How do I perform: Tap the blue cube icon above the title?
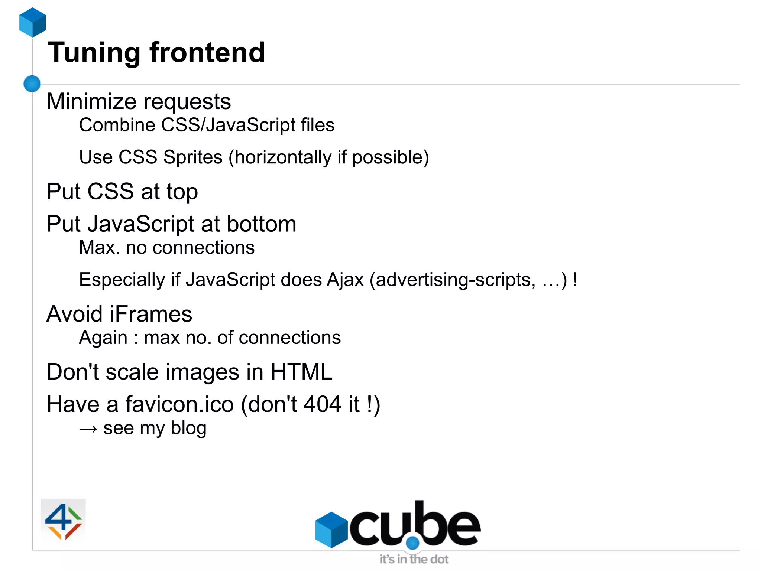pyautogui.click(x=33, y=22)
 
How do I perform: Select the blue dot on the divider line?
pyautogui.click(x=32, y=84)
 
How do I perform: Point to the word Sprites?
pyautogui.click(x=192, y=157)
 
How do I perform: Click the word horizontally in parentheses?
pyautogui.click(x=282, y=157)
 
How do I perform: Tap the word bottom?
pyautogui.click(x=261, y=224)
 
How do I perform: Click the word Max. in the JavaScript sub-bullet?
pyautogui.click(x=99, y=247)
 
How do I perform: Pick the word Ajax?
pyautogui.click(x=345, y=280)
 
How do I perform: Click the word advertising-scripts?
pyautogui.click(x=456, y=280)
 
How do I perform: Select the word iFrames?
pyautogui.click(x=150, y=314)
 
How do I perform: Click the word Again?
pyautogui.click(x=103, y=338)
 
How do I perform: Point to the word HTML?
pyautogui.click(x=301, y=372)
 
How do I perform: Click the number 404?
pyautogui.click(x=322, y=404)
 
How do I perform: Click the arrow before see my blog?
pyautogui.click(x=88, y=429)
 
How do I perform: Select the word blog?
pyautogui.click(x=188, y=428)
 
